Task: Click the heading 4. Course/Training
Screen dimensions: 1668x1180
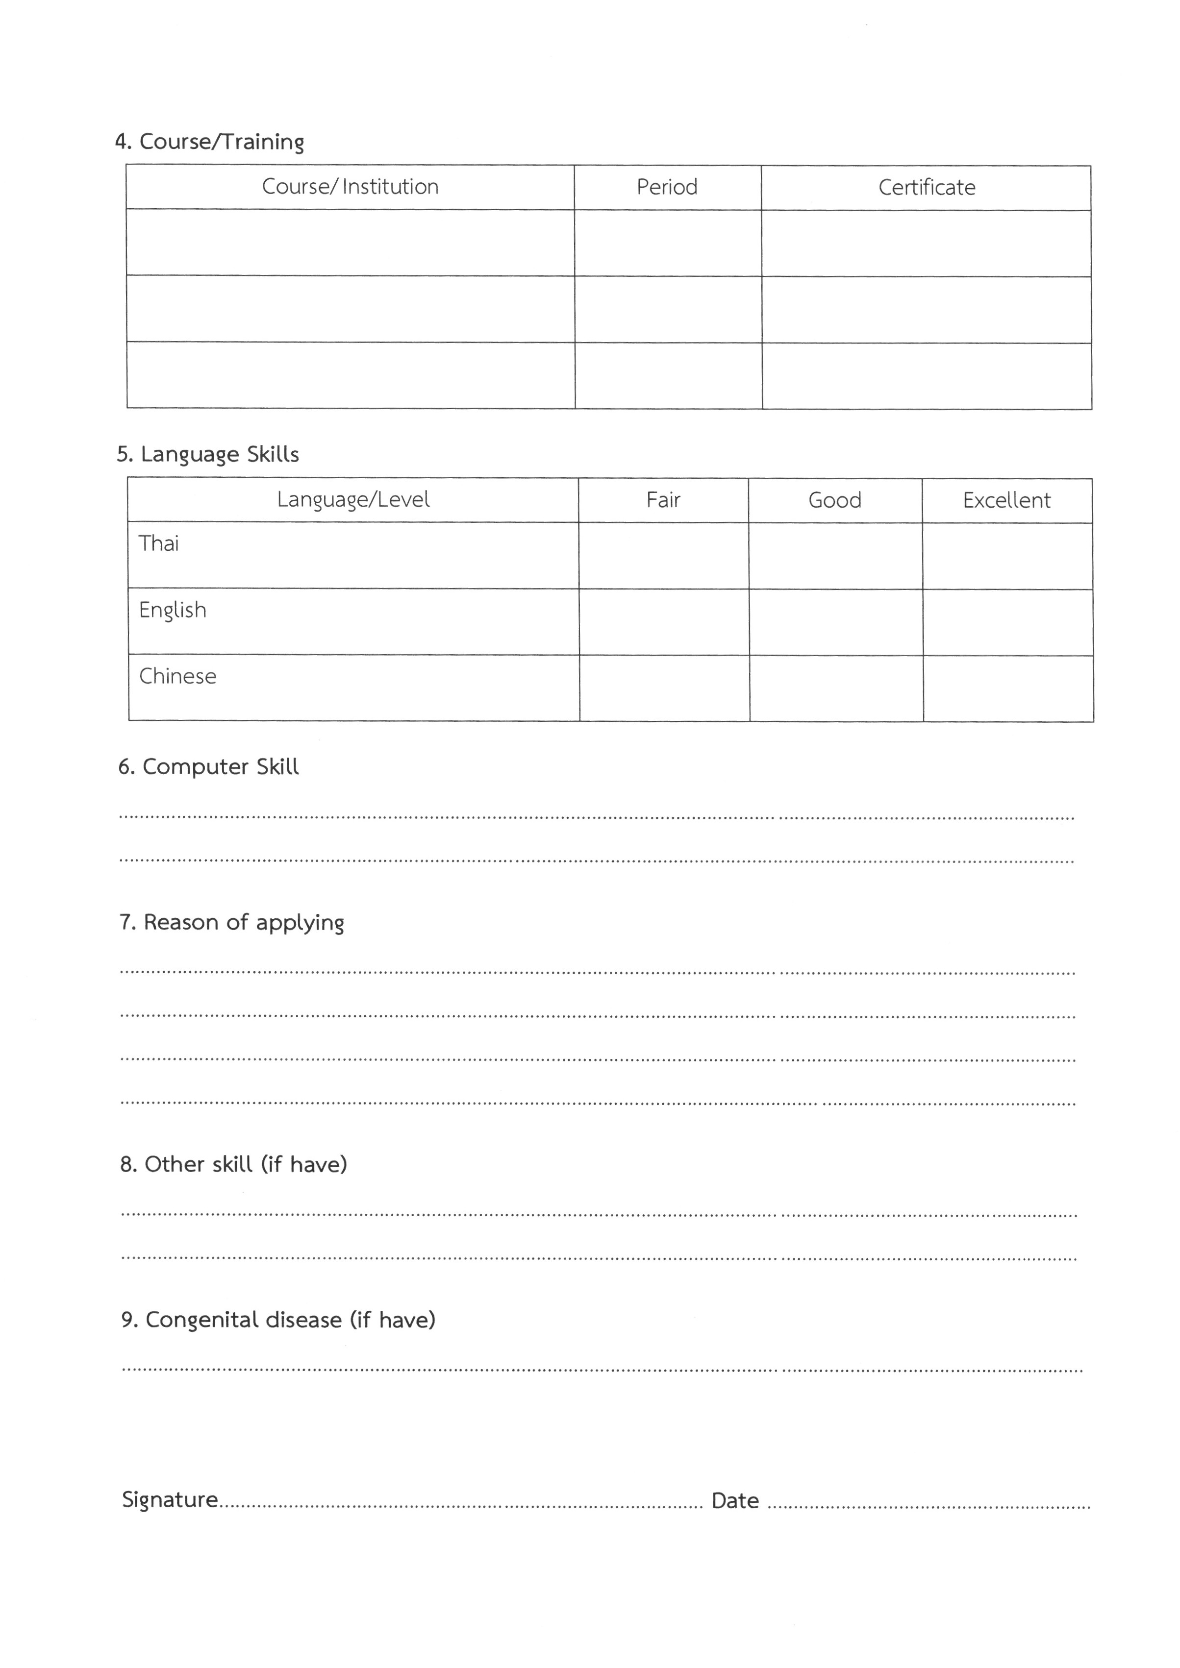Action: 209,141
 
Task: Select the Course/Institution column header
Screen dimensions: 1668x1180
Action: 350,187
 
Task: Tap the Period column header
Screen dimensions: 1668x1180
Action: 667,188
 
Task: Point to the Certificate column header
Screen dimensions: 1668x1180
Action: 927,188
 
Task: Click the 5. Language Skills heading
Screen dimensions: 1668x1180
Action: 208,454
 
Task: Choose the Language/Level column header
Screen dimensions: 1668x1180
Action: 353,500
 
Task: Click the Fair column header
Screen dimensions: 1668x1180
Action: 663,500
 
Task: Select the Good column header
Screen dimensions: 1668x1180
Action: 835,500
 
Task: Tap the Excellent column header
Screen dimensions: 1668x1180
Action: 1006,500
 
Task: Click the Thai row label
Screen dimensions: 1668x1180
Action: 158,543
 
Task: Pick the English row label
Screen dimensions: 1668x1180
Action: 172,610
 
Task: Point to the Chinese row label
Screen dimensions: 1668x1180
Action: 177,676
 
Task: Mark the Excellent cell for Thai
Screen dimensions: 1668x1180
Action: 1007,556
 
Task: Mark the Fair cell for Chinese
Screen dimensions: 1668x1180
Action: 664,688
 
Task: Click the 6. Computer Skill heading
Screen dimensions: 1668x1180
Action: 208,767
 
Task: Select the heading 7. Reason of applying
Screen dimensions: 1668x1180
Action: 232,923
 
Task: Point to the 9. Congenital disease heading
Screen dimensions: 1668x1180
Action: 278,1320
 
